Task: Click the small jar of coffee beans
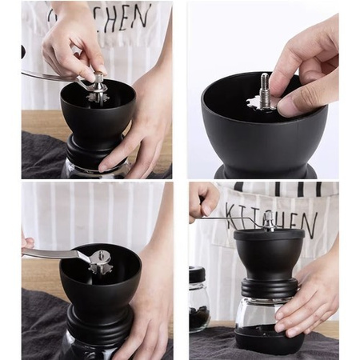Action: point(198,300)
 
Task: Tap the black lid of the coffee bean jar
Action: point(197,274)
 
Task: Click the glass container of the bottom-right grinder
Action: point(258,314)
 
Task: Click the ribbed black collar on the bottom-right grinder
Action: point(268,286)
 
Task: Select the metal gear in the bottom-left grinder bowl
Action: point(102,263)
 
